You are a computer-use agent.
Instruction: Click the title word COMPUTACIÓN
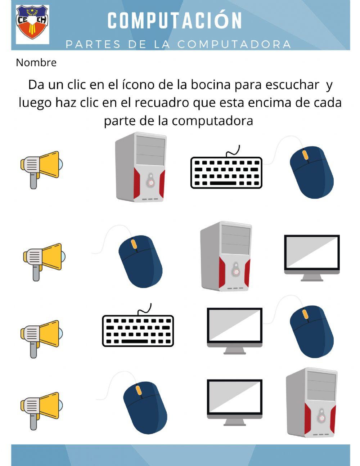point(175,21)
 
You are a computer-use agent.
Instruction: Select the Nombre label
point(36,63)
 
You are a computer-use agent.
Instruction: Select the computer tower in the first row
point(140,167)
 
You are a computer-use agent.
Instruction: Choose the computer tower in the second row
point(226,256)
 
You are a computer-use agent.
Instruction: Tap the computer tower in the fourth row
point(312,402)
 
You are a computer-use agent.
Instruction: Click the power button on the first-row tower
point(150,182)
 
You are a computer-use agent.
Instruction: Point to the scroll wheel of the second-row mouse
point(134,244)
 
